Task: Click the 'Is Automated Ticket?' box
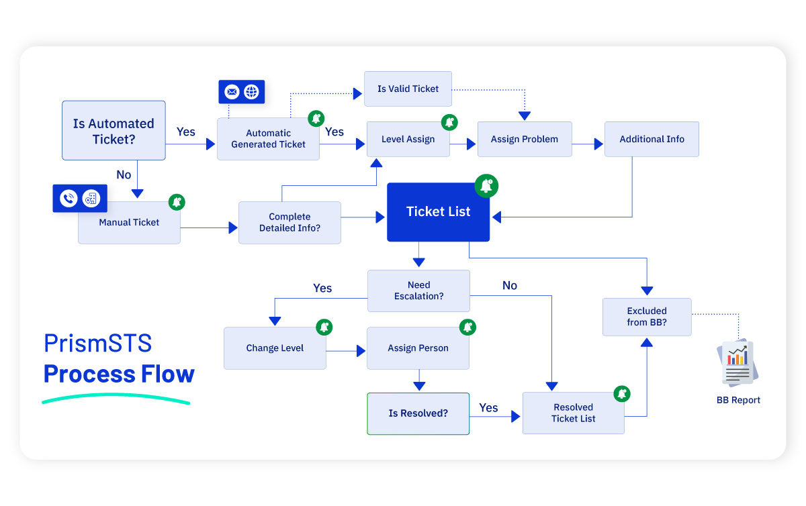pyautogui.click(x=114, y=131)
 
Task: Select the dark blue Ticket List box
pyautogui.click(x=438, y=212)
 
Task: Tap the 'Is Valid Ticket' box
pyautogui.click(x=408, y=89)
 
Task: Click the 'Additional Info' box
pyautogui.click(x=652, y=140)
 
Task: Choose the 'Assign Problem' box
pyautogui.click(x=524, y=140)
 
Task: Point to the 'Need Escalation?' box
pyautogui.click(x=418, y=291)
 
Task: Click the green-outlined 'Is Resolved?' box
pyautogui.click(x=418, y=413)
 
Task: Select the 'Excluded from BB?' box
pyautogui.click(x=647, y=317)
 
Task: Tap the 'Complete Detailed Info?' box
pyautogui.click(x=289, y=222)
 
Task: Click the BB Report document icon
pyautogui.click(x=737, y=363)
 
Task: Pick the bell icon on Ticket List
pyautogui.click(x=486, y=186)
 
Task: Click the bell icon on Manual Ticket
pyautogui.click(x=176, y=202)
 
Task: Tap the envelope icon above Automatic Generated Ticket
pyautogui.click(x=232, y=92)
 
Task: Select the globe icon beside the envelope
pyautogui.click(x=251, y=92)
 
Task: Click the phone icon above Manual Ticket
pyautogui.click(x=69, y=199)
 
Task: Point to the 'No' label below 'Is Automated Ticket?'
pyautogui.click(x=124, y=174)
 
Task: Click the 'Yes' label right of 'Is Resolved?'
pyautogui.click(x=488, y=408)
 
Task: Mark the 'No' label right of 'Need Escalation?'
pyautogui.click(x=510, y=286)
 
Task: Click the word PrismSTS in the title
pyautogui.click(x=98, y=343)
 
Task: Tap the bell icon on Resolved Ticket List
pyautogui.click(x=622, y=394)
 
